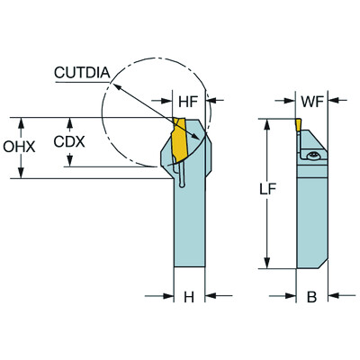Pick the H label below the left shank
coord(189,297)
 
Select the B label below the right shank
coord(312,297)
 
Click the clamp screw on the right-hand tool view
coord(314,157)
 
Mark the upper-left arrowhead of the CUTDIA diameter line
coord(115,83)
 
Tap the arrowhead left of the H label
coord(167,296)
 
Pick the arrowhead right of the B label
coord(334,296)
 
